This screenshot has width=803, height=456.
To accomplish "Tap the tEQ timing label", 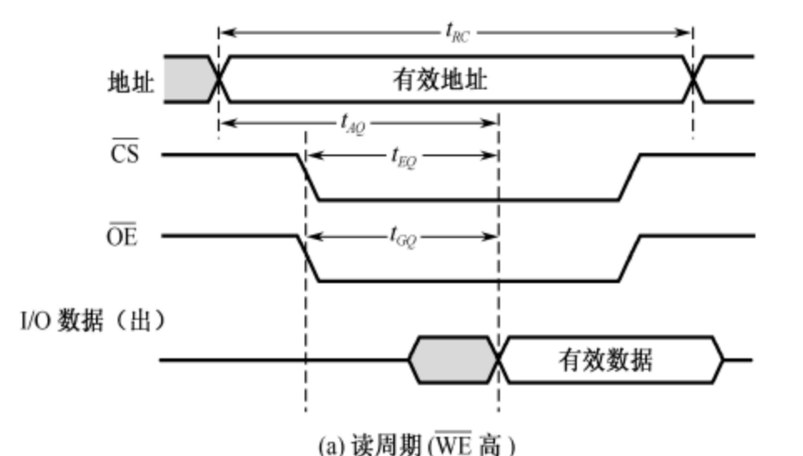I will coord(403,156).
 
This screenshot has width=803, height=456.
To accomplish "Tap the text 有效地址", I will coord(440,82).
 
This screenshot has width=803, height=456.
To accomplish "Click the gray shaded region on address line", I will coord(189,79).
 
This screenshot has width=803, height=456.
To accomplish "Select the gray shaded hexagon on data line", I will coord(452,360).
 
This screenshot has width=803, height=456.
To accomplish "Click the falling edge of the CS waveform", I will coord(308,177).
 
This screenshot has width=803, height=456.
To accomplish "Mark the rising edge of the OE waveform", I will coord(629,258).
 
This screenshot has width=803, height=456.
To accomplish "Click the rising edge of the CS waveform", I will coord(629,177).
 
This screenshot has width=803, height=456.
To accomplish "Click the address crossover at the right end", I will coord(693,79).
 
